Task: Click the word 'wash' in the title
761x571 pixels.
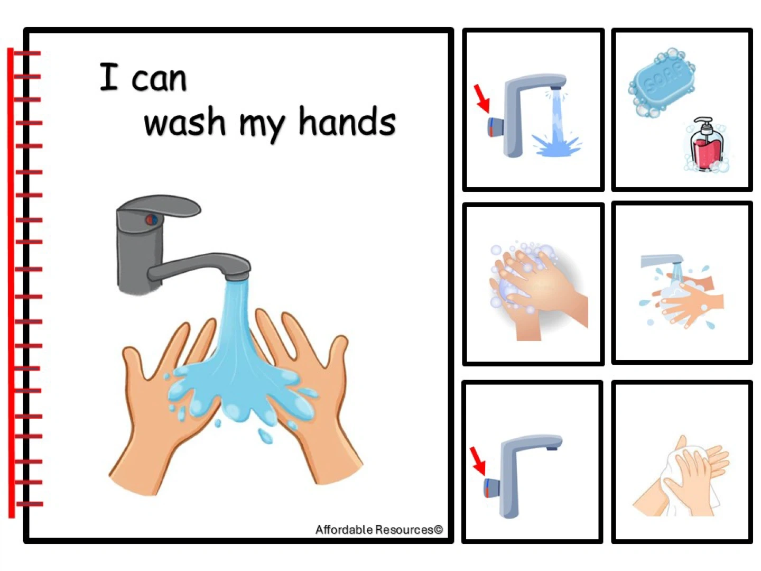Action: (x=184, y=121)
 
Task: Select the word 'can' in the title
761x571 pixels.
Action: (x=159, y=80)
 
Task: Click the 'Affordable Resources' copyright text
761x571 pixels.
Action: (x=379, y=529)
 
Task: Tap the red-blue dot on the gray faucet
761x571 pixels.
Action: (x=151, y=219)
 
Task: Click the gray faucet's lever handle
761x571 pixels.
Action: (x=159, y=206)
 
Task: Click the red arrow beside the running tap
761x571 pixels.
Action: (x=482, y=98)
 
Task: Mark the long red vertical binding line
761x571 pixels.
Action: (x=11, y=282)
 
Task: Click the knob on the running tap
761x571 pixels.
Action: (x=496, y=126)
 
